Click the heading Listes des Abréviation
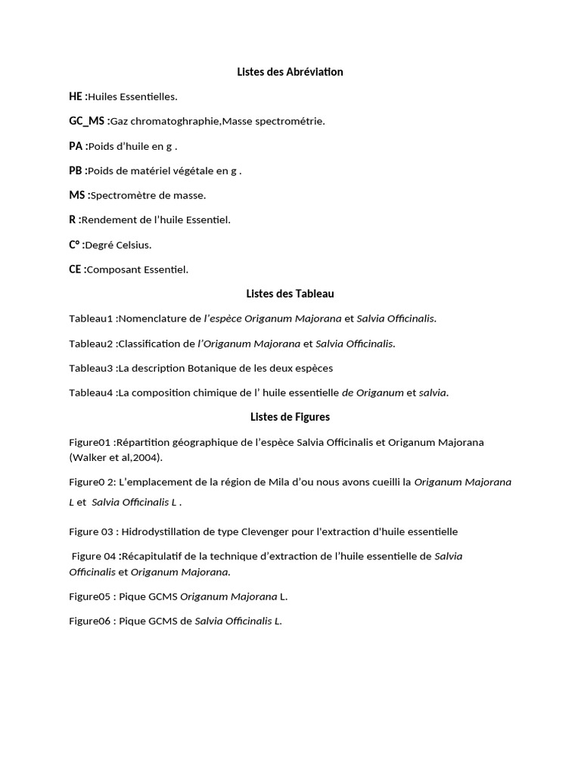point(290,72)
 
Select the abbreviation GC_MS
point(87,121)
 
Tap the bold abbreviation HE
point(76,96)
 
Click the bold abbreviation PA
point(76,146)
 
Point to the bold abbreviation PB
point(76,171)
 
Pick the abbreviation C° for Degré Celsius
point(75,244)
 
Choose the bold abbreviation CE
point(76,269)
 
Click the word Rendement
point(107,220)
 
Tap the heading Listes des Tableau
point(290,294)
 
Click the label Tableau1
point(91,319)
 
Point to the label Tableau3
point(91,368)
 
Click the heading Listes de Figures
point(290,417)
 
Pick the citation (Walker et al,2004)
point(116,457)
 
